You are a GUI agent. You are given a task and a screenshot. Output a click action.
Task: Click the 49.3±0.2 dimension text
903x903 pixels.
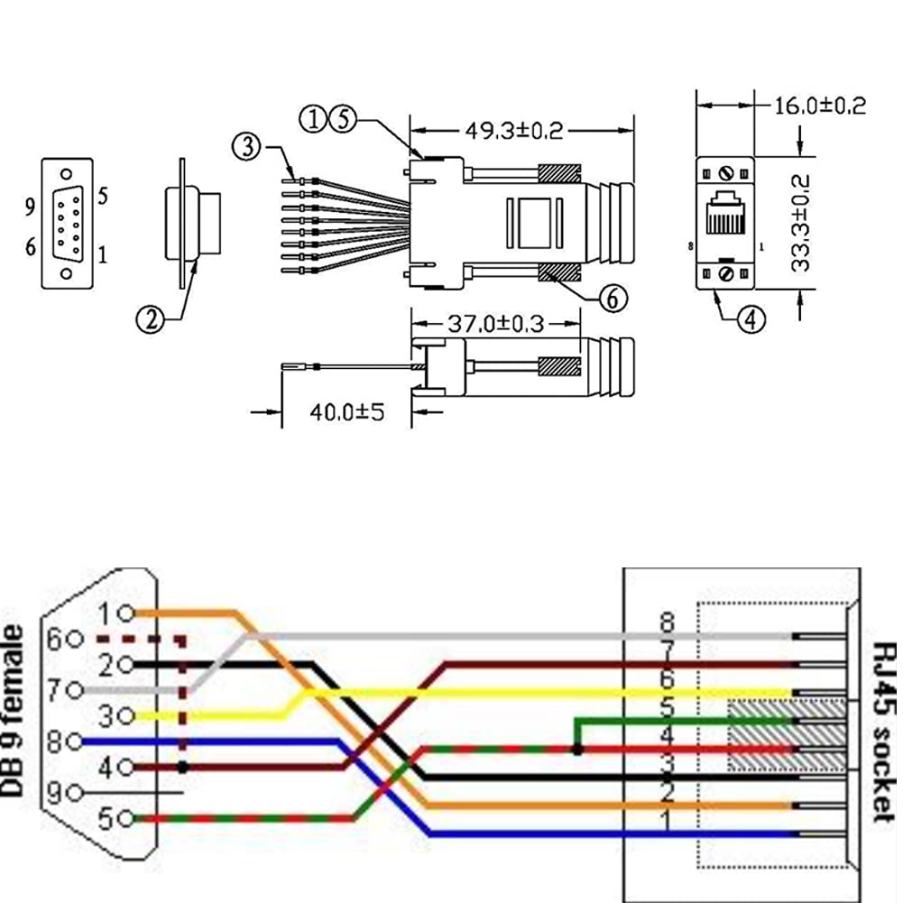[x=514, y=130]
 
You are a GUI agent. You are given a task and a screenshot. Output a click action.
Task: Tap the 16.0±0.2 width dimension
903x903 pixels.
[x=820, y=106]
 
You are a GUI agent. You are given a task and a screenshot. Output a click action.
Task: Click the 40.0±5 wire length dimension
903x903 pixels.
[x=346, y=412]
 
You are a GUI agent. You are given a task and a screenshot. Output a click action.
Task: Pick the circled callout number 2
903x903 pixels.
[x=150, y=318]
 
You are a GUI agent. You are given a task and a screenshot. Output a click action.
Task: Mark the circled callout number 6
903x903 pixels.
[x=613, y=299]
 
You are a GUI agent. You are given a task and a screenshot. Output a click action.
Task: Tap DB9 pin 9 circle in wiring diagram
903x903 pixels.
[x=77, y=793]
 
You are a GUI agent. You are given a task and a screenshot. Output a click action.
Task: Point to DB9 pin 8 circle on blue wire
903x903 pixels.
[x=77, y=742]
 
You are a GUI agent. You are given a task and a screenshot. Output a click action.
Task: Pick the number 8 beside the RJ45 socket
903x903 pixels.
[x=668, y=622]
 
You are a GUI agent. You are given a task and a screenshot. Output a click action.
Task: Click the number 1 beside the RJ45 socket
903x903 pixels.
[x=668, y=822]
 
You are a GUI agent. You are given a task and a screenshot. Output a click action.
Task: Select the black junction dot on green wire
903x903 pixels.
[x=576, y=750]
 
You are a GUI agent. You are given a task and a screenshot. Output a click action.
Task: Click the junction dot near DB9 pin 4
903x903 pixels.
[x=183, y=768]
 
